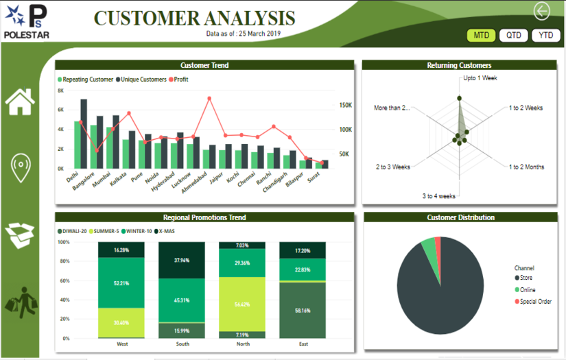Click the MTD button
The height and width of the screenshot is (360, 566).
click(481, 35)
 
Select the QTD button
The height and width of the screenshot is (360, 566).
click(513, 35)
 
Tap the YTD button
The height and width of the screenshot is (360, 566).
click(545, 35)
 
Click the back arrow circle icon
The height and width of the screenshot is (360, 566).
click(542, 10)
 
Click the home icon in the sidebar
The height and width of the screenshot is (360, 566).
click(20, 101)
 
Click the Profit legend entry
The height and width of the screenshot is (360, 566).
click(178, 80)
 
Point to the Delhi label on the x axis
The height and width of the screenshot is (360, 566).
click(72, 176)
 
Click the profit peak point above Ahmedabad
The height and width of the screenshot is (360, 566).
click(209, 98)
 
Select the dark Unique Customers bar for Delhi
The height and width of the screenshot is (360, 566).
click(84, 134)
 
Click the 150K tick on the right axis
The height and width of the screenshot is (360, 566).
click(345, 106)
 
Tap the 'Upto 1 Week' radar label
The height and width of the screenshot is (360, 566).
click(480, 78)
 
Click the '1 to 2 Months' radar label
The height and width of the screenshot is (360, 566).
click(526, 167)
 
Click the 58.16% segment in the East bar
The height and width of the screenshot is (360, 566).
click(302, 310)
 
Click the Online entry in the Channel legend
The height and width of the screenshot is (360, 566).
click(526, 290)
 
